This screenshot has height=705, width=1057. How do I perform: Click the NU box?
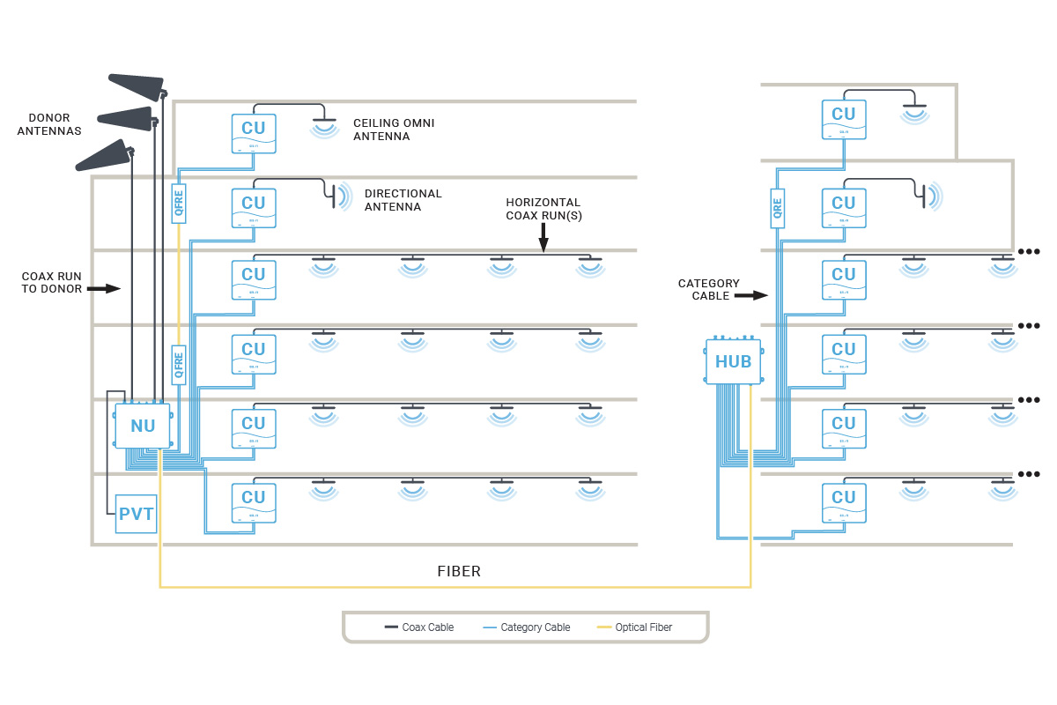point(143,426)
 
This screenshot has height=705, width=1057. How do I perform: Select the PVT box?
point(137,514)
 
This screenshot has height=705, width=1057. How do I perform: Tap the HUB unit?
point(733,361)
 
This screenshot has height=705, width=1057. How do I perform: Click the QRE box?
point(777,208)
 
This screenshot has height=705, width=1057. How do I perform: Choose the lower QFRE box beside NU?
point(179,363)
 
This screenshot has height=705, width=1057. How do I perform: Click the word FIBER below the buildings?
point(459,571)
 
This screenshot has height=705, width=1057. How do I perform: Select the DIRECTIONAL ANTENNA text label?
point(403,200)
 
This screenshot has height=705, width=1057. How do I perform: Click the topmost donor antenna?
point(137,85)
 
